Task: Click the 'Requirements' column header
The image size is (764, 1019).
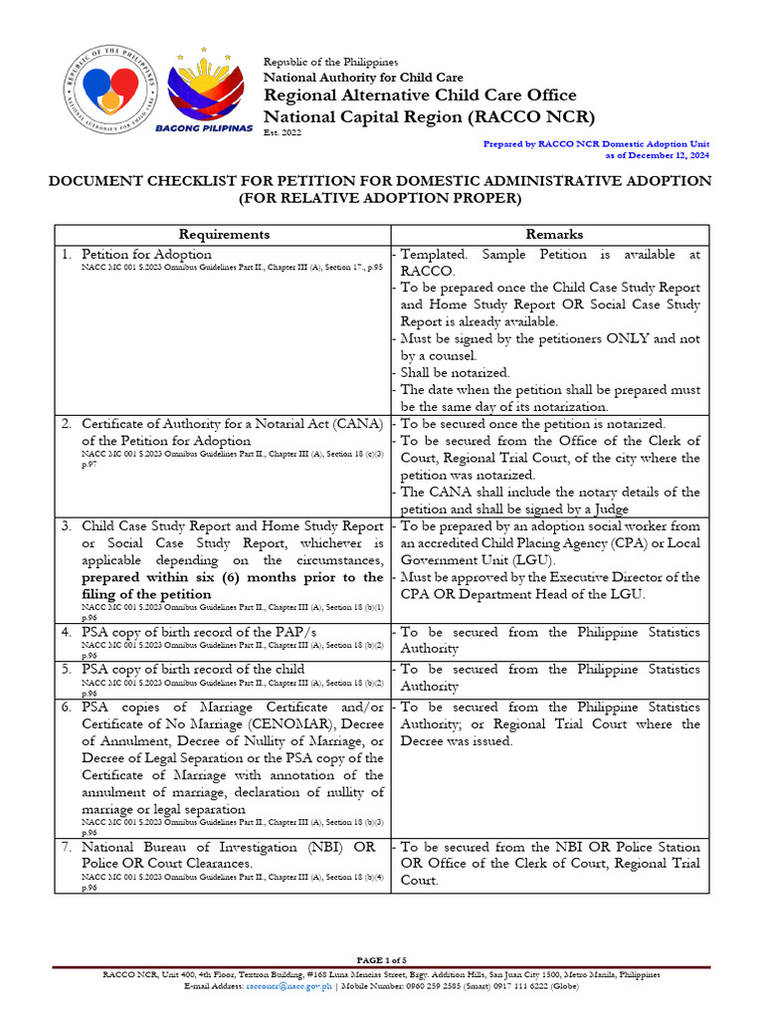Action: click(223, 234)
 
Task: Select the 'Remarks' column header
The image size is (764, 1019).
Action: click(554, 234)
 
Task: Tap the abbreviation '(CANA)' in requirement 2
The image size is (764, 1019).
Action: click(359, 424)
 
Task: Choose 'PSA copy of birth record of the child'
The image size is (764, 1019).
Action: click(193, 669)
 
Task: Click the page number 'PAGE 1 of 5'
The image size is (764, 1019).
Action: click(382, 959)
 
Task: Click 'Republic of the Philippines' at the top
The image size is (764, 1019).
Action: click(329, 63)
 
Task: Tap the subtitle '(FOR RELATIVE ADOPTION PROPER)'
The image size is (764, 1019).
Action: click(381, 198)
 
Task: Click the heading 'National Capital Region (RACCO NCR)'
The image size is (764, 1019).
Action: click(428, 116)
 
